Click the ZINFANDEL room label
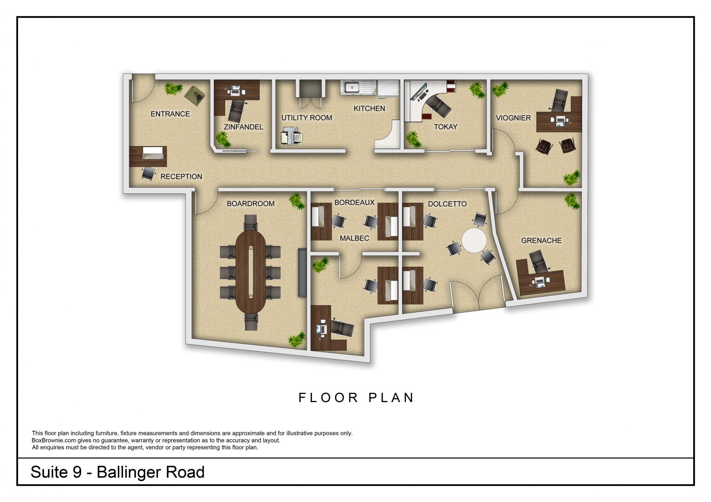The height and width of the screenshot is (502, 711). point(243,127)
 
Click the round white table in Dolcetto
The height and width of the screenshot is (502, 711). point(474,240)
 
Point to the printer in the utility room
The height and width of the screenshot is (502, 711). point(291,136)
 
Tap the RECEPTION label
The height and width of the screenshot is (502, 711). point(181,177)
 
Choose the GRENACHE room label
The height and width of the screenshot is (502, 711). point(541,241)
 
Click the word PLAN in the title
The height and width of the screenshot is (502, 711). point(391,398)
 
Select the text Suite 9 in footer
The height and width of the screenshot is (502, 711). point(56,472)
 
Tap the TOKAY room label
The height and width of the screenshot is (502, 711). point(445,127)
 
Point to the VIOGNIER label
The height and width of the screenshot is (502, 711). point(513,118)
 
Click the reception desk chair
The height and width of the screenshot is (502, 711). point(148,173)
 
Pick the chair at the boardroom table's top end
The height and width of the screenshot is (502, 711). point(251,222)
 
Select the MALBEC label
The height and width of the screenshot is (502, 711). point(354,238)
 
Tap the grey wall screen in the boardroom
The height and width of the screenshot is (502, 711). point(302,272)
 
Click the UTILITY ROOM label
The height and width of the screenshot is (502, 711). point(307,118)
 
